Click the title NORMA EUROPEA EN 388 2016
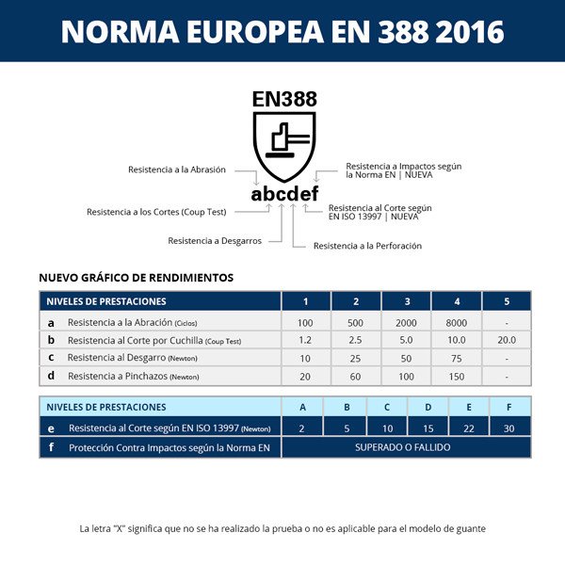click(282, 31)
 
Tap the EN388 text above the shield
click(284, 98)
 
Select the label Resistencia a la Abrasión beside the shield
click(177, 169)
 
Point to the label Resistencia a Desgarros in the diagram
click(215, 241)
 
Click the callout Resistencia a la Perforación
click(367, 246)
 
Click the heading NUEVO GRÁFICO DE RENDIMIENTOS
click(136, 278)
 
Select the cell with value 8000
click(457, 322)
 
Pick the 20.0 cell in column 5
click(507, 340)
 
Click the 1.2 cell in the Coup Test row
click(305, 340)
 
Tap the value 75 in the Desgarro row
click(457, 358)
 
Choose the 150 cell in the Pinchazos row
click(457, 376)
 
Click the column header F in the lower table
click(509, 407)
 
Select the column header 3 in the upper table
click(407, 301)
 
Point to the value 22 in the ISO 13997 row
click(469, 428)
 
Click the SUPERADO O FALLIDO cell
click(402, 447)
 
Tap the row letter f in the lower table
click(51, 447)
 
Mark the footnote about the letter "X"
click(282, 528)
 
